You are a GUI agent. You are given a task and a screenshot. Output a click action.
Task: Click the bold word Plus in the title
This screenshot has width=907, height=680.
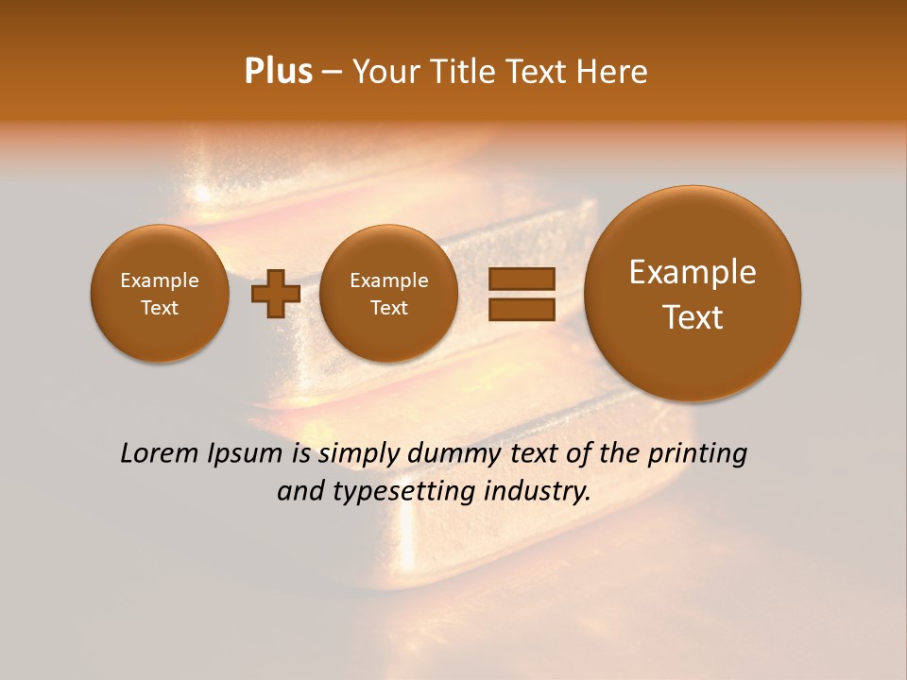[278, 72]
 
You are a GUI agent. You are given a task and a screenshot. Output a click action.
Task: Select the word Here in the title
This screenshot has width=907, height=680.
[614, 72]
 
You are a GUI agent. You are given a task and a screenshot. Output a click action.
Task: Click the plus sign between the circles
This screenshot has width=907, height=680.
[275, 294]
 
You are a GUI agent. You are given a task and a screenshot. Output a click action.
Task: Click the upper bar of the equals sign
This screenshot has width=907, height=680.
[521, 279]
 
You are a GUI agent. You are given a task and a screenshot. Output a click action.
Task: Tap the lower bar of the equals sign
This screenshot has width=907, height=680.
[521, 308]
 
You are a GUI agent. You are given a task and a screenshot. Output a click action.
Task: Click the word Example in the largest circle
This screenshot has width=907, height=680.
[693, 272]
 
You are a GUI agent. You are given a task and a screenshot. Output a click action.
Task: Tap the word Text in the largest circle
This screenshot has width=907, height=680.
[693, 317]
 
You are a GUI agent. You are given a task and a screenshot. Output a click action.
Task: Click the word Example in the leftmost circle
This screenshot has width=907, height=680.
[160, 280]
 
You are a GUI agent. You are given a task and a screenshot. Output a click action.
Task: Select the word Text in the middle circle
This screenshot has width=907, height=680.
[388, 308]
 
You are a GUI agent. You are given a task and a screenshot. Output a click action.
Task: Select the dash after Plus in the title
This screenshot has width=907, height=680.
[332, 73]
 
